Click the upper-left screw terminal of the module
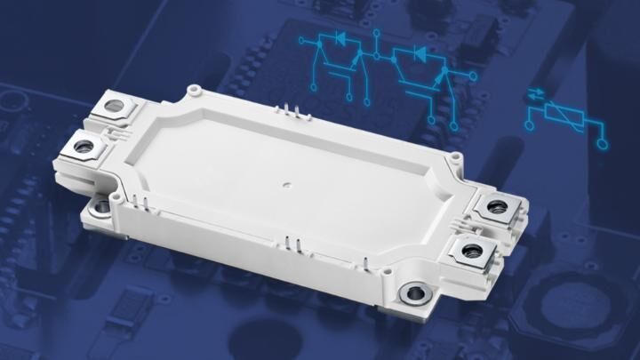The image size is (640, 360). tap(114, 108)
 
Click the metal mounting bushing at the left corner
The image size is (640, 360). tap(102, 206)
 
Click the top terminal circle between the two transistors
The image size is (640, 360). tap(377, 35)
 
